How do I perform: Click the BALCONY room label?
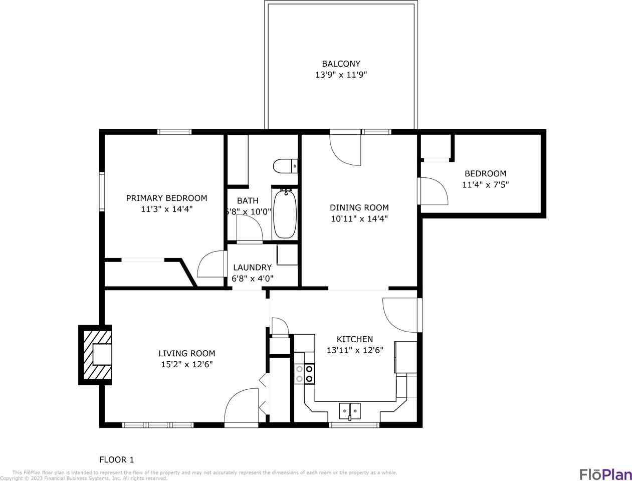(341, 64)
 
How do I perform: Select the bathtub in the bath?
(285, 214)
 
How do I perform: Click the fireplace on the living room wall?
(96, 355)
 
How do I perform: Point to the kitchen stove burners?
(304, 374)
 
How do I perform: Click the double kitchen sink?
(349, 411)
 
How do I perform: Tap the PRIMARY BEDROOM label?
(166, 198)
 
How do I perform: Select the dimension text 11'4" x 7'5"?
(485, 184)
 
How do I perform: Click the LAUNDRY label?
(252, 268)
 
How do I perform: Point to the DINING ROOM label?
(359, 207)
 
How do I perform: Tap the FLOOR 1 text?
(117, 459)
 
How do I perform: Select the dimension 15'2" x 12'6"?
(186, 364)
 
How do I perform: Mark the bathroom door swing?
(250, 230)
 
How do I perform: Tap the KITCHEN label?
(354, 339)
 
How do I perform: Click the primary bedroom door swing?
(213, 265)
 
